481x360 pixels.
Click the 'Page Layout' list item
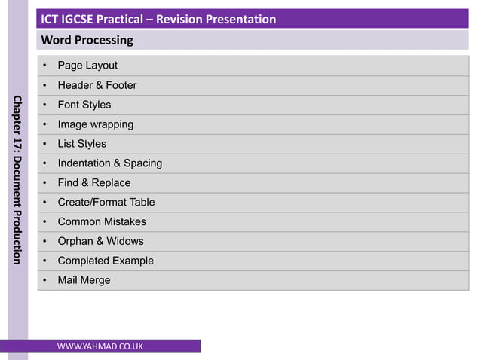point(87,66)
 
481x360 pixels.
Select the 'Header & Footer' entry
point(97,85)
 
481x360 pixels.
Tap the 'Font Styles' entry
point(84,105)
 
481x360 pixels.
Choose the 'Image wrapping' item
point(96,124)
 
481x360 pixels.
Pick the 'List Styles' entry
point(82,144)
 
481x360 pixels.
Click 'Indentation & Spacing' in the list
point(110,163)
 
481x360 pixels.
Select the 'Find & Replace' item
point(94,183)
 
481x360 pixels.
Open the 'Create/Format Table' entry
point(106,203)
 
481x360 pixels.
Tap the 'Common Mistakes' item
point(102,222)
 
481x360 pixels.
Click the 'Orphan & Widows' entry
point(100,242)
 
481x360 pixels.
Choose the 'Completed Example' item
point(106,261)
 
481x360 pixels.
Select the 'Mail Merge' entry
point(84,281)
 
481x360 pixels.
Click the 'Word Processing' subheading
point(87,40)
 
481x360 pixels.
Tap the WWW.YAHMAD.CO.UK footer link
point(100,346)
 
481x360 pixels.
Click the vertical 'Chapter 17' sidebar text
point(17,181)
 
